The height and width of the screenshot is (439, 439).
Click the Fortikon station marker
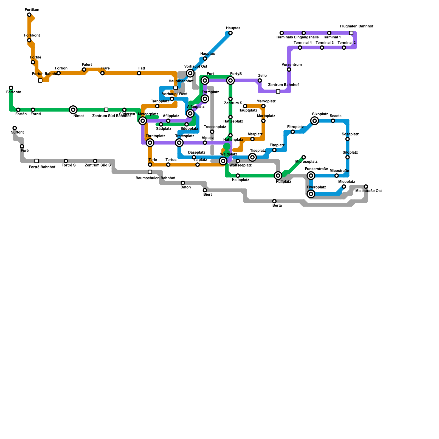coord(29,15)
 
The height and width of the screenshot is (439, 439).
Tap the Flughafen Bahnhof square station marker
coord(351,33)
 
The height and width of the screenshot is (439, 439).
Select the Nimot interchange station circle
coord(73,110)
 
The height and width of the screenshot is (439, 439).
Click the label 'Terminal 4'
coord(303,43)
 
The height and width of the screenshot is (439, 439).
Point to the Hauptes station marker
coord(230,33)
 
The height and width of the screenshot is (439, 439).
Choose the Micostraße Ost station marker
coord(366,187)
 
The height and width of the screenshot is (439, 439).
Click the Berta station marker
coord(274,201)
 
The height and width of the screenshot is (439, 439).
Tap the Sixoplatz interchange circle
coord(315,121)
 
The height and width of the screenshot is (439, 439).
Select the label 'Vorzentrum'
coord(292,65)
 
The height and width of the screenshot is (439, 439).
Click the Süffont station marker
coord(15,128)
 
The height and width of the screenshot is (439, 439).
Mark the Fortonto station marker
coord(11,88)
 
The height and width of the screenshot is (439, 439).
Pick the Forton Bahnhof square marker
coord(40,80)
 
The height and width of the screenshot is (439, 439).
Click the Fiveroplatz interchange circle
coord(311,194)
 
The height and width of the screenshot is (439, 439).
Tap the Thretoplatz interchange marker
coord(150,143)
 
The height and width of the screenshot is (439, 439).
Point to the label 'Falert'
coord(87,65)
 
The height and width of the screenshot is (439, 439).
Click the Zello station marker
coord(260,80)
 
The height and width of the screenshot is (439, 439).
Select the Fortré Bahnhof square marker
coord(36,161)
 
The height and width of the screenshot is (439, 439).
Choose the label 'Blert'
coord(207,195)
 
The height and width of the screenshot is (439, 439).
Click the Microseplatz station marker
coord(303,157)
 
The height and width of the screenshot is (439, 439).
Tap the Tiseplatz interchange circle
coord(252,157)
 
